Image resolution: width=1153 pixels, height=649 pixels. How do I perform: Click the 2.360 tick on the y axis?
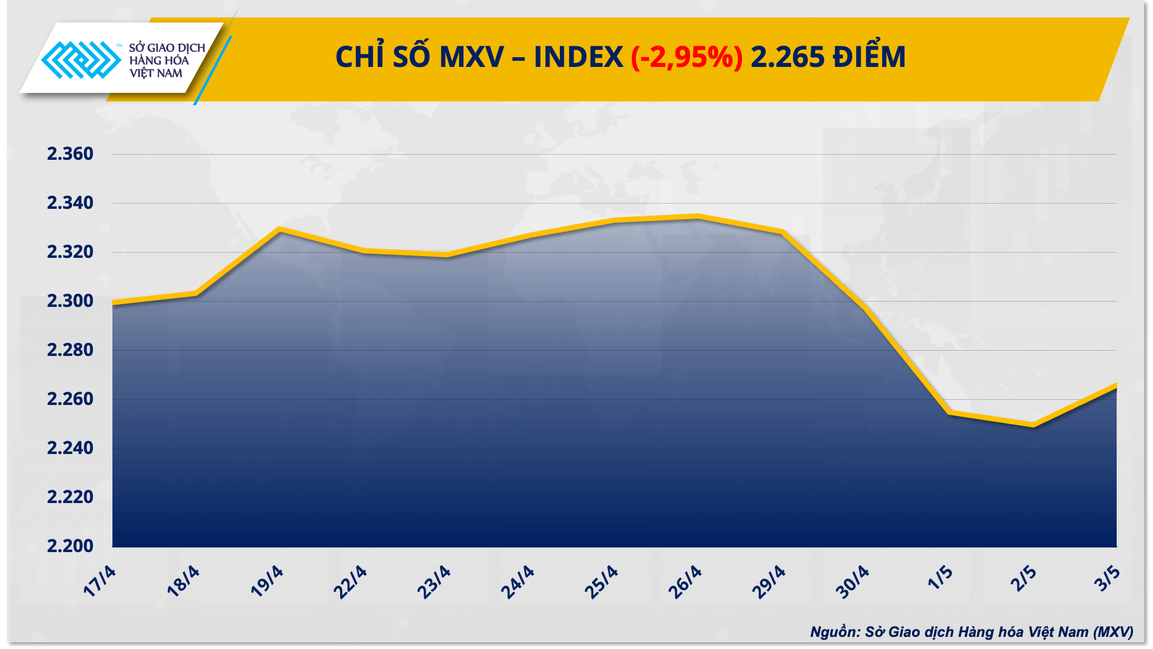pos(70,154)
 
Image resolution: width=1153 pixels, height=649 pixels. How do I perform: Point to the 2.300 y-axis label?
pos(70,301)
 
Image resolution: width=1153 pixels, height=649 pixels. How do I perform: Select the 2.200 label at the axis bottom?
pos(70,546)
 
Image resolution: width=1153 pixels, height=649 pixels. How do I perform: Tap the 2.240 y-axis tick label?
pos(70,448)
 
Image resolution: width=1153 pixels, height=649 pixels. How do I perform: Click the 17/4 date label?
pos(100,582)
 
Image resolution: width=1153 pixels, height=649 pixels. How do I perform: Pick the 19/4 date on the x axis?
pos(267,582)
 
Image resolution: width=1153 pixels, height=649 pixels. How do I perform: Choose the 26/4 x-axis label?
pos(685,582)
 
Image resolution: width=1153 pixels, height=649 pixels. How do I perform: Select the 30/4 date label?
pos(852,582)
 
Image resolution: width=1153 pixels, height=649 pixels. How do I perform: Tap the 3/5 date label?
pos(1107,579)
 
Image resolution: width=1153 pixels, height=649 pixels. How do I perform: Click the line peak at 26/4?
pos(698,216)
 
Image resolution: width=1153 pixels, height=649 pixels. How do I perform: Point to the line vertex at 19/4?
pos(280,229)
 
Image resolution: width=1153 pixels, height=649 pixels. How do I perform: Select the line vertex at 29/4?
pos(782,231)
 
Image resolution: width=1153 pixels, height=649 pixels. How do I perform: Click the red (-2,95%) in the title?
pos(687,58)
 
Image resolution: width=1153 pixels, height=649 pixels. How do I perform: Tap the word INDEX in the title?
pos(578,58)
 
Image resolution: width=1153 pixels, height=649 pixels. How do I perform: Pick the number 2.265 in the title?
pos(787,58)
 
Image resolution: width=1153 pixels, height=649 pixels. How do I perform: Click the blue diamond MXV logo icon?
pos(81,59)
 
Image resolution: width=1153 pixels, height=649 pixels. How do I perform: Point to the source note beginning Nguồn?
pos(971,632)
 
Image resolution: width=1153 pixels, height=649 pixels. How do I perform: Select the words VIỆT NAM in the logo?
pos(156,74)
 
